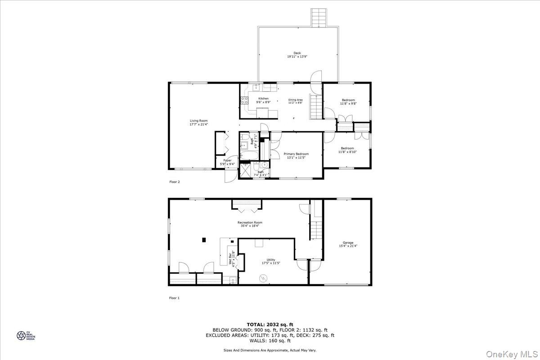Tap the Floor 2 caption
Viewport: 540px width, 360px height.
click(x=174, y=182)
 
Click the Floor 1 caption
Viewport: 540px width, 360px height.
click(x=174, y=298)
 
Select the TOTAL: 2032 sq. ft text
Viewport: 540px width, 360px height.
click(x=270, y=324)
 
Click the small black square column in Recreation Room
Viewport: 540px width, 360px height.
click(x=204, y=239)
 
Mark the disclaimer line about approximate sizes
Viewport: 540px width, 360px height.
click(x=270, y=350)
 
